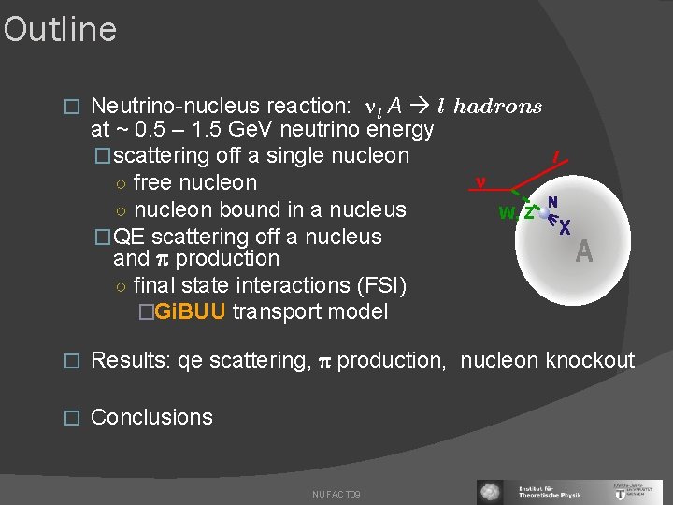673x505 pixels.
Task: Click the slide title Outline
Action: click(60, 30)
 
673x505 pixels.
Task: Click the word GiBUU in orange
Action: click(190, 311)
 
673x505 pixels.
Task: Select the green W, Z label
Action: click(516, 213)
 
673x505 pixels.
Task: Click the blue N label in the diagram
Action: click(553, 202)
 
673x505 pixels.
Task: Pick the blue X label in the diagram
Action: click(565, 226)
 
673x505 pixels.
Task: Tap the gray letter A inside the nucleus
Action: click(584, 252)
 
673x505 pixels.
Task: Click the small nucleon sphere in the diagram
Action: click(542, 213)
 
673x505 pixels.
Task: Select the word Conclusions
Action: click(151, 417)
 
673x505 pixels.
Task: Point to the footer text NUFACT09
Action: click(336, 494)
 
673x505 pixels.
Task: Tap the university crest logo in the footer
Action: click(648, 492)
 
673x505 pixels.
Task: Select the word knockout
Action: click(590, 360)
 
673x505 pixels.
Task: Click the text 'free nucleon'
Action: click(194, 182)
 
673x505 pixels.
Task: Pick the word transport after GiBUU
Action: click(274, 311)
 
